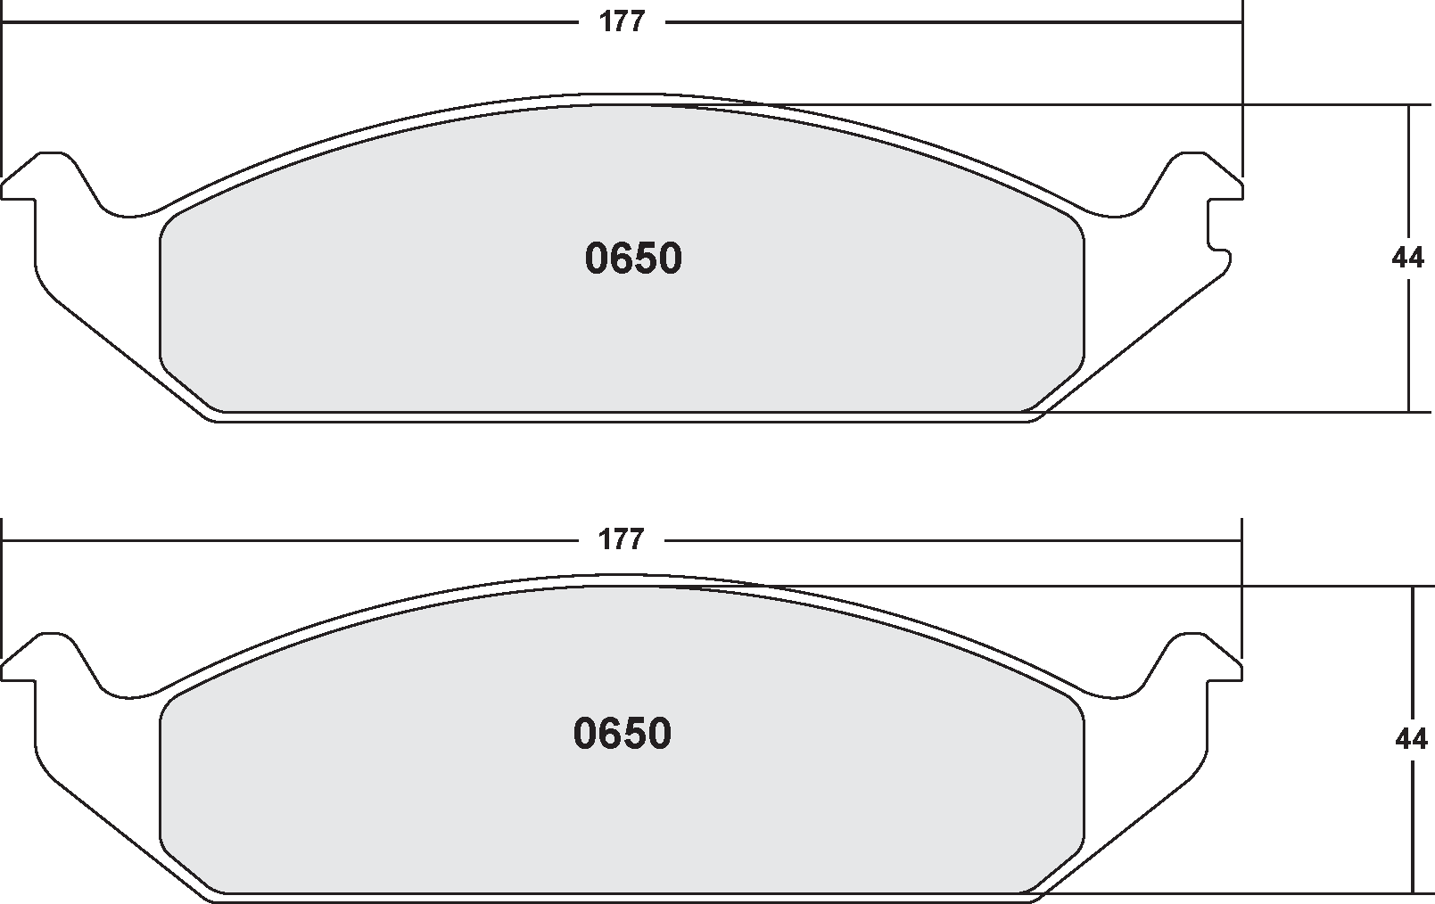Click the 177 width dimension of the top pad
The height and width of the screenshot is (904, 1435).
[622, 21]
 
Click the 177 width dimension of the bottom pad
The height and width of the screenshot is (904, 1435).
[622, 539]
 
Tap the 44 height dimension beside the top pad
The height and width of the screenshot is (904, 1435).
[1407, 259]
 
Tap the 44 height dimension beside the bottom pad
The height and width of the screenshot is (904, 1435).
[1410, 739]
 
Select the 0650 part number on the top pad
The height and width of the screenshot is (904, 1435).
[633, 259]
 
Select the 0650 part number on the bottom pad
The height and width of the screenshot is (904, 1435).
[622, 734]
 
